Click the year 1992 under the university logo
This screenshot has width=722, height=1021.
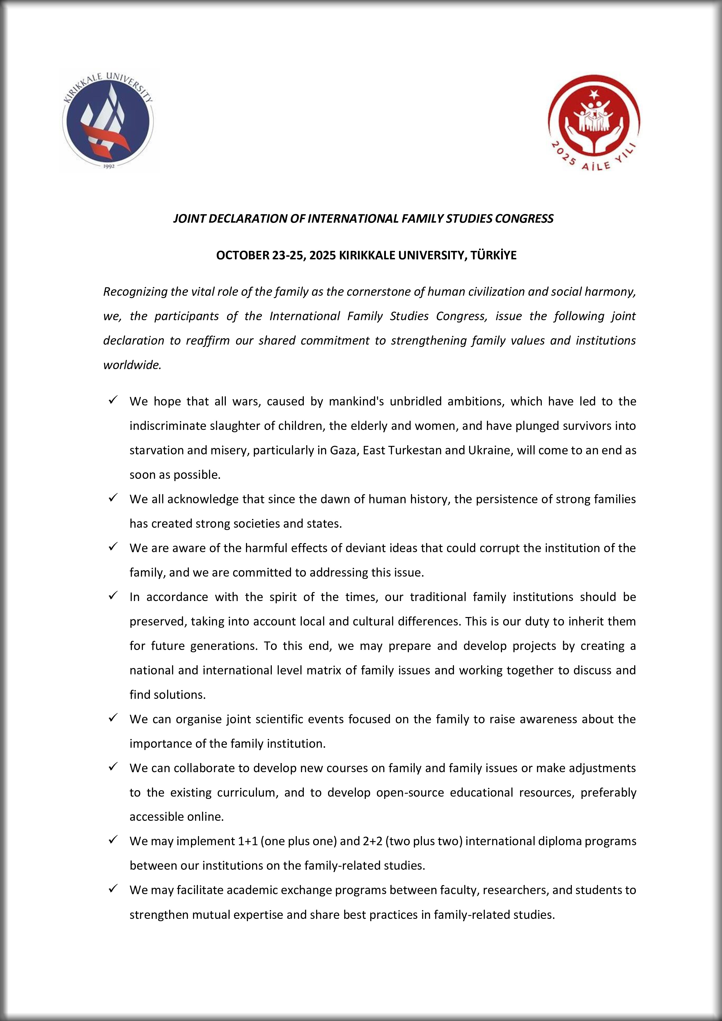coord(109,166)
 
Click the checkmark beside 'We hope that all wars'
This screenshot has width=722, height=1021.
coord(113,400)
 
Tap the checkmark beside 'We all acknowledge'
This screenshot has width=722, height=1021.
coord(113,498)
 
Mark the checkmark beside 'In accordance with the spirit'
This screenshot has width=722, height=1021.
coord(113,596)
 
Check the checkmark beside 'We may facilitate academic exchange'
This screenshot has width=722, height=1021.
coord(113,889)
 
